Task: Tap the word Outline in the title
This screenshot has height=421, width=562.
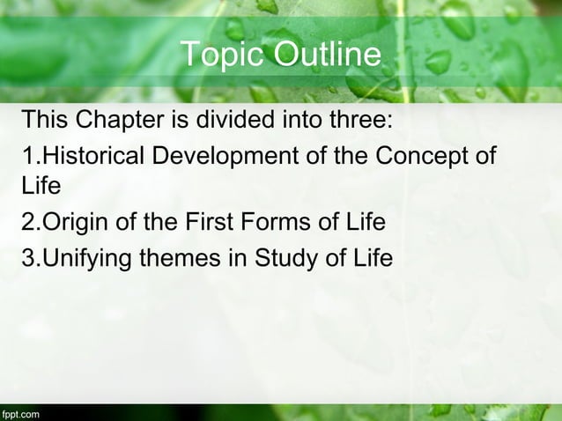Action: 326,55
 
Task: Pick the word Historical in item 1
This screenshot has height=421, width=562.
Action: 95,158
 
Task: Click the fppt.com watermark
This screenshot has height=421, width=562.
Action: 20,412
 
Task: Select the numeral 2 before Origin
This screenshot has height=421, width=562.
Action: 28,223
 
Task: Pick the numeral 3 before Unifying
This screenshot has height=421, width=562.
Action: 28,258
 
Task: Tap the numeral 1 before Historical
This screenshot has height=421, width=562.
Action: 28,158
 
